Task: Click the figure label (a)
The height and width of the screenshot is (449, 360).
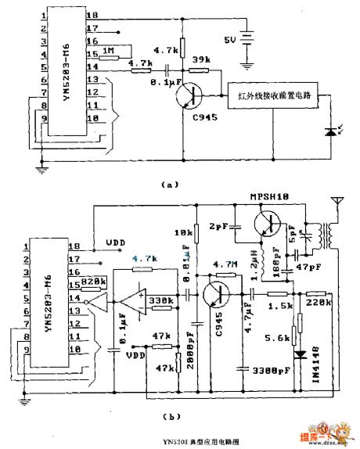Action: (x=169, y=185)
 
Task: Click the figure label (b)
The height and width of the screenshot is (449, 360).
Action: (x=169, y=420)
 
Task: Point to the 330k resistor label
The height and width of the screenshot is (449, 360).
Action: (x=163, y=300)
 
